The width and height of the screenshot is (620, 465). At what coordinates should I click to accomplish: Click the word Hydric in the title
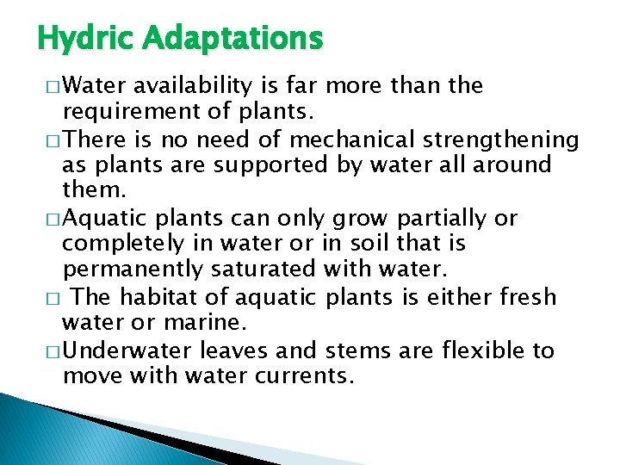(x=84, y=38)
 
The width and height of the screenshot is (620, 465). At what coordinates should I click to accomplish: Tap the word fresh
(x=527, y=297)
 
